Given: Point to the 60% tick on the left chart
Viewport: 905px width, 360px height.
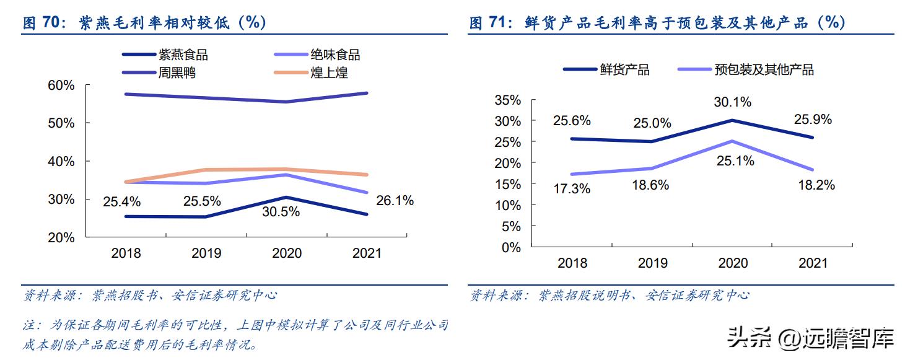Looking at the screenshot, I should (61, 85).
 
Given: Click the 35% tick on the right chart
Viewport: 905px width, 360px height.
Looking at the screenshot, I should (508, 100).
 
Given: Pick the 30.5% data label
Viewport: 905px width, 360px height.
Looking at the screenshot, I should (281, 212).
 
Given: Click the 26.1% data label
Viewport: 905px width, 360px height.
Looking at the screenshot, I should (395, 201).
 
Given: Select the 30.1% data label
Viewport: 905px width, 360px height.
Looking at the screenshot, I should (733, 102).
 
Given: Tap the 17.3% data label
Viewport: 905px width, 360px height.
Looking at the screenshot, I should (572, 190).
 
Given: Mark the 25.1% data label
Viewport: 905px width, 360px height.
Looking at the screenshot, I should (736, 161).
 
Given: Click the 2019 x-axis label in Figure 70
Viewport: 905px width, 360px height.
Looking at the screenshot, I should (206, 253).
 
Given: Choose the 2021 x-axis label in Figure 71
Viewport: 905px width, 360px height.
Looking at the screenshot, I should (813, 263).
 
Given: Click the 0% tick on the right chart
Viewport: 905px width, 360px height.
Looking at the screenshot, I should (511, 247).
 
